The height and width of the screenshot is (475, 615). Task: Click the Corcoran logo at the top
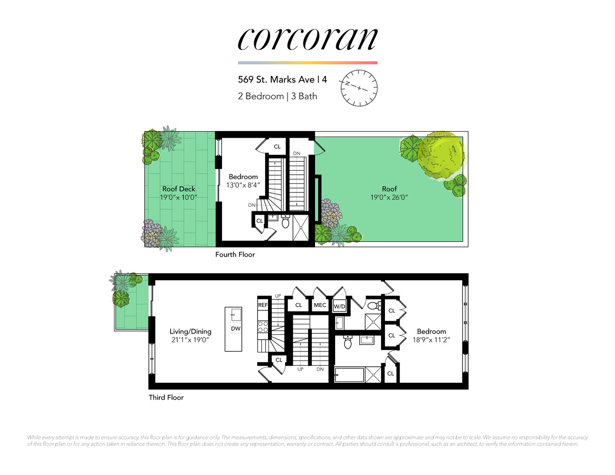tap(307, 39)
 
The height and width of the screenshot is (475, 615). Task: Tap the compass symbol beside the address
tap(359, 88)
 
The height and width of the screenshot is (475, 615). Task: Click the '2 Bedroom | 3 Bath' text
tap(277, 96)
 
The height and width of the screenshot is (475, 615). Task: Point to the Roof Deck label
tap(179, 189)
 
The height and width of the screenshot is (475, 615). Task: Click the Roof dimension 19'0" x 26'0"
tap(389, 197)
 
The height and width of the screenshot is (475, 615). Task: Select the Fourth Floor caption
tap(235, 255)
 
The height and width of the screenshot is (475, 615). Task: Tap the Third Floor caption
tap(166, 398)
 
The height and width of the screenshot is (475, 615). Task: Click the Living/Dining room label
tap(190, 332)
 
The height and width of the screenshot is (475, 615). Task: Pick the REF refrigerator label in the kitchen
tap(263, 305)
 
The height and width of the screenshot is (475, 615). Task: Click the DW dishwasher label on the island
tap(236, 329)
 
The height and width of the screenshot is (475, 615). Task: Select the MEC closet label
tap(320, 305)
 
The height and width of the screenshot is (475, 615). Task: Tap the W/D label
tap(339, 306)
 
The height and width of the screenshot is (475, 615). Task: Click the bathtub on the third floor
tap(349, 375)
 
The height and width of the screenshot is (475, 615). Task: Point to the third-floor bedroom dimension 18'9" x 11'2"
tap(431, 340)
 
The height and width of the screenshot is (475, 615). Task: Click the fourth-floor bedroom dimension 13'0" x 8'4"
tap(243, 185)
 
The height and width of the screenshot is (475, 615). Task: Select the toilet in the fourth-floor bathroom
tap(286, 222)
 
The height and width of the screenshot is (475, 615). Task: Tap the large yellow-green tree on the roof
tap(441, 154)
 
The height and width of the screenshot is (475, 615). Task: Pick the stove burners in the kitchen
tap(263, 327)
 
